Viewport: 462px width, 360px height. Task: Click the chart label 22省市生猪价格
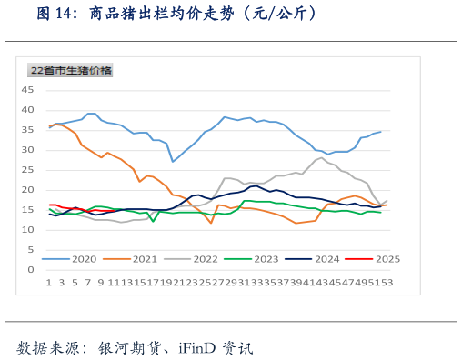(x=71, y=70)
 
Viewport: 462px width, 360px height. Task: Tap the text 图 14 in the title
(x=58, y=14)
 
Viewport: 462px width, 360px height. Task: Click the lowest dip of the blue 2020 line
(x=173, y=161)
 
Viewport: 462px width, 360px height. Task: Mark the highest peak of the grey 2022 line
(x=320, y=157)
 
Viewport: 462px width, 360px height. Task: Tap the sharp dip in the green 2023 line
(x=153, y=221)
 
